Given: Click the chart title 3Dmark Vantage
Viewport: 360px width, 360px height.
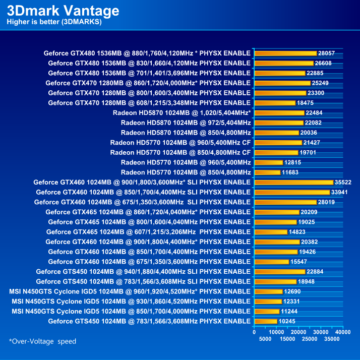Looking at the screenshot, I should point(63,11).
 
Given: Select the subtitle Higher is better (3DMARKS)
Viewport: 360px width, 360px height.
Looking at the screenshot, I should point(54,22).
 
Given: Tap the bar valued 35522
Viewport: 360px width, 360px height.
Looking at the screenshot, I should point(294,182).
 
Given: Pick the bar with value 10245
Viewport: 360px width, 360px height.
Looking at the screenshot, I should point(266,321).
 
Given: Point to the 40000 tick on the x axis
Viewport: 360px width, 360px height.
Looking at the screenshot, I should point(343,332).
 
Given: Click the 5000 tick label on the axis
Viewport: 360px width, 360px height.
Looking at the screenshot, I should point(266,339).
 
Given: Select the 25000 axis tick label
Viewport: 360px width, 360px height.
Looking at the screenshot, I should point(310,339).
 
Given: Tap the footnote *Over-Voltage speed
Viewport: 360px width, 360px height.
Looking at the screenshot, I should point(42,341).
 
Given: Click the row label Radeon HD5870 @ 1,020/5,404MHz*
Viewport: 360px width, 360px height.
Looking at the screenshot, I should point(182,113).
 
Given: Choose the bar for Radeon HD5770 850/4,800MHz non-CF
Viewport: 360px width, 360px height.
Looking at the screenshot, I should point(268,172).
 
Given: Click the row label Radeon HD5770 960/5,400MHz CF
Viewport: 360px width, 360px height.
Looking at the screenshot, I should point(181,143).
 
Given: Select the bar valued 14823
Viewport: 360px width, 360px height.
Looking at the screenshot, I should point(271,232).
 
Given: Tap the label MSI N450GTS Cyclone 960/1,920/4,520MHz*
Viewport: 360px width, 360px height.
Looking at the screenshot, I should point(130,291).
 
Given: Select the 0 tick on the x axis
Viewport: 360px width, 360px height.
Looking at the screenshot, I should point(255,332).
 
